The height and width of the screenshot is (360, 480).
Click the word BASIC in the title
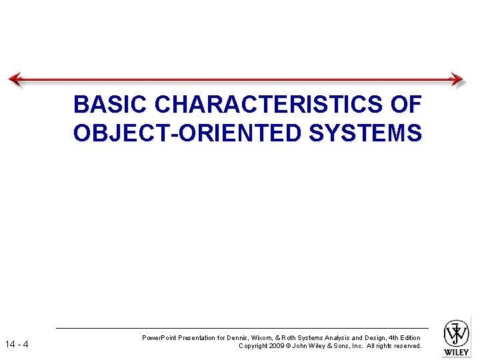tap(111, 105)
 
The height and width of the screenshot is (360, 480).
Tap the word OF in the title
tap(406, 105)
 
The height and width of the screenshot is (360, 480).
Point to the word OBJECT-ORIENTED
tap(188, 133)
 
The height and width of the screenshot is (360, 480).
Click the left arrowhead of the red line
tap(15, 79)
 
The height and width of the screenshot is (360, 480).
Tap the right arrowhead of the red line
tap(457, 79)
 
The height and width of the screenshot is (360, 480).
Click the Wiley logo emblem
tap(457, 333)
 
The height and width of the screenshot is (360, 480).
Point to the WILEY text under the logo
tap(457, 352)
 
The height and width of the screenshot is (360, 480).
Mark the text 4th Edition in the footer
tap(405, 338)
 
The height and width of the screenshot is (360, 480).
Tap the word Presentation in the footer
tap(196, 338)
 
